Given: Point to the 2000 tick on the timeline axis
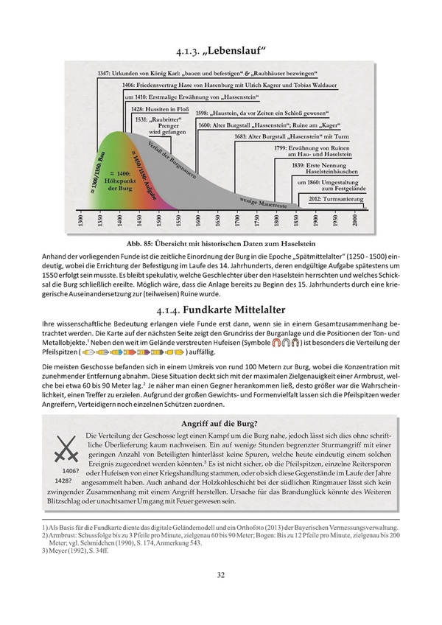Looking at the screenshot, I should pyautogui.click(x=356, y=220).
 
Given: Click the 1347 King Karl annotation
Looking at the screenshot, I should pyautogui.click(x=206, y=74).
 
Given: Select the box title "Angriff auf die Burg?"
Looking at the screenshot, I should pyautogui.click(x=220, y=423).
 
